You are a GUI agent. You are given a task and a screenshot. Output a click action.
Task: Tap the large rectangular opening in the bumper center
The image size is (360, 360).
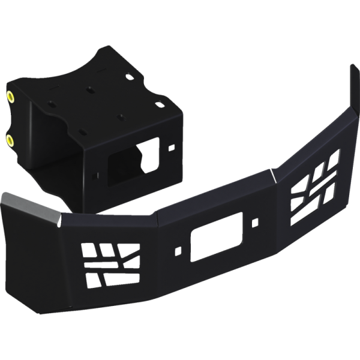206,244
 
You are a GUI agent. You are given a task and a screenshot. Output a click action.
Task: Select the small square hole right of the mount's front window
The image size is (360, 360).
171,146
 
